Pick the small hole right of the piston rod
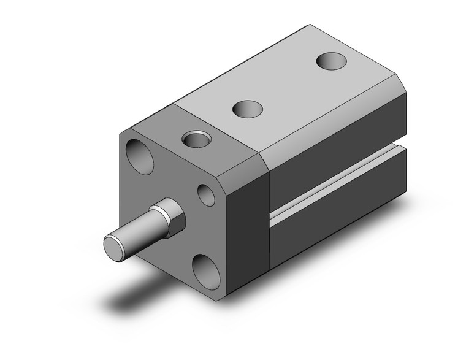[x=206, y=195]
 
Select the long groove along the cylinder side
[x=337, y=184]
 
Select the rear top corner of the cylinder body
[x=311, y=26]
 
